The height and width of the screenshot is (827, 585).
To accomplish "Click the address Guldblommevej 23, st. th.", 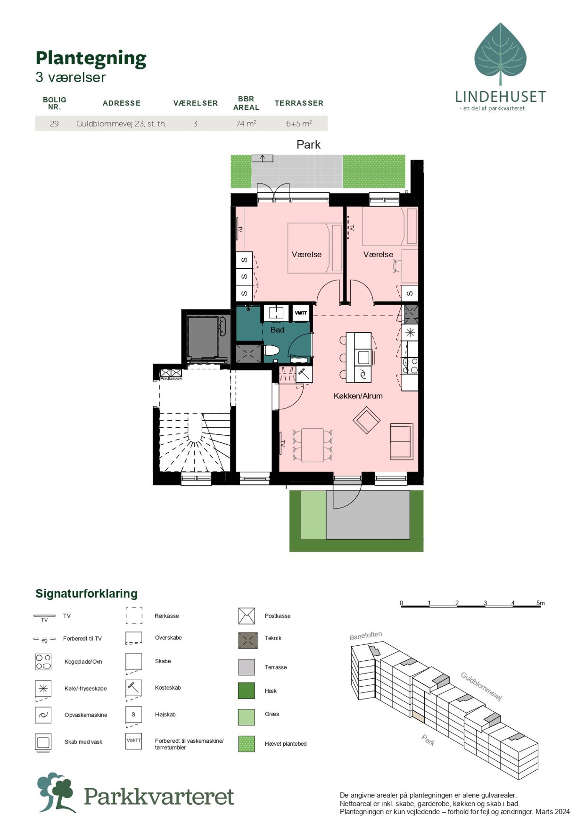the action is click(x=121, y=124).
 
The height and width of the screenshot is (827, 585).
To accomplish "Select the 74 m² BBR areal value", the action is click(x=246, y=124).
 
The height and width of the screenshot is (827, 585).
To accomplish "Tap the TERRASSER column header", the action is click(x=299, y=103).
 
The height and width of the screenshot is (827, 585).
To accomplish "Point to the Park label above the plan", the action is click(x=308, y=145).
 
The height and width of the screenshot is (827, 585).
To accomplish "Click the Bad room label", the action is click(x=277, y=330).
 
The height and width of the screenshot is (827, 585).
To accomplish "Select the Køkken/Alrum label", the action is click(x=358, y=396).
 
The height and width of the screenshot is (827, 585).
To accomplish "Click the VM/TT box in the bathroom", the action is click(x=301, y=313).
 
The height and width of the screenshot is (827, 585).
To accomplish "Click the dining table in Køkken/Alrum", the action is click(x=312, y=445).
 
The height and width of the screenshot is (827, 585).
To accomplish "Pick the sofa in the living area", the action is click(x=402, y=442).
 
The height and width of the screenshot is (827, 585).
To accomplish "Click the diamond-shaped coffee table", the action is click(x=366, y=420).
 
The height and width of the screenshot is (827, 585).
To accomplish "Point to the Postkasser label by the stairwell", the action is click(x=171, y=379).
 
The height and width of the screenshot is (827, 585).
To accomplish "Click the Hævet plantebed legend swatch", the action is click(x=247, y=744).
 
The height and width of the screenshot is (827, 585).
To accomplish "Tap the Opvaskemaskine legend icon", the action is click(x=43, y=715).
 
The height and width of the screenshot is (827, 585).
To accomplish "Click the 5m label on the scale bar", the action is click(x=540, y=603).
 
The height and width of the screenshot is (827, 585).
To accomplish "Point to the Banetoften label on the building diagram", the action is click(x=366, y=635).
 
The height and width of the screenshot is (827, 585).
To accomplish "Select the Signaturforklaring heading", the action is click(x=86, y=593).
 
